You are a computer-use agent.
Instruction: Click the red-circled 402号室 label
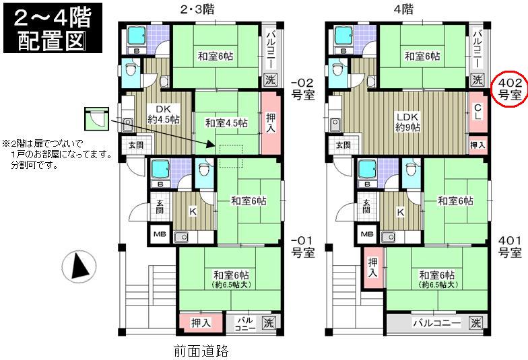pos(508,89)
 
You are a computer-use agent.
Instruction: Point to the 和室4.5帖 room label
pos(226,122)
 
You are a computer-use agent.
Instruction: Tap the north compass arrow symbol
pos(80,266)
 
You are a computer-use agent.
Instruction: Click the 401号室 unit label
pos(510,246)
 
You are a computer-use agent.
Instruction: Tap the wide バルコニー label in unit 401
pos(437,323)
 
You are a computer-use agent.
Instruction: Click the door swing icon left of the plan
pos(95,119)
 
